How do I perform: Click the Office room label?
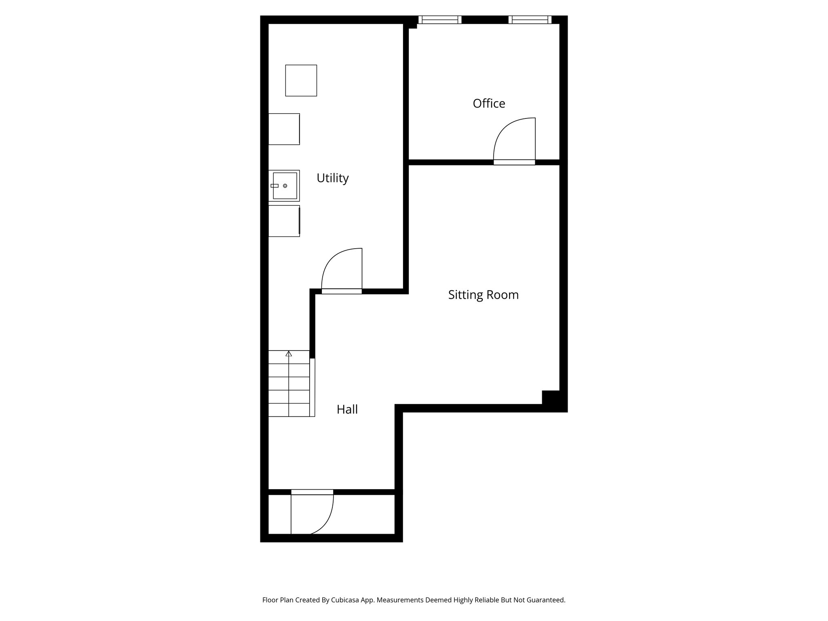[x=489, y=103]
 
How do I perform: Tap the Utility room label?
[x=332, y=178]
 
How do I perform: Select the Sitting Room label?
[x=483, y=295]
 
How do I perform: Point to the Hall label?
[x=347, y=410]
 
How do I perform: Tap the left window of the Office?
[x=440, y=19]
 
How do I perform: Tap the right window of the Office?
[x=530, y=19]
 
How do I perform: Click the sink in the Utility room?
[x=285, y=186]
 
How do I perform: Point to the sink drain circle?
[x=285, y=186]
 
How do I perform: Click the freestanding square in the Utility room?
[x=301, y=80]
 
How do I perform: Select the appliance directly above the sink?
[x=284, y=129]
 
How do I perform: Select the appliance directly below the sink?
[x=284, y=221]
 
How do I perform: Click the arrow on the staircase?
[x=289, y=354]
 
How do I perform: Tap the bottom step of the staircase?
[x=289, y=410]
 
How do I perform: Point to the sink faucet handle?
[x=275, y=186]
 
